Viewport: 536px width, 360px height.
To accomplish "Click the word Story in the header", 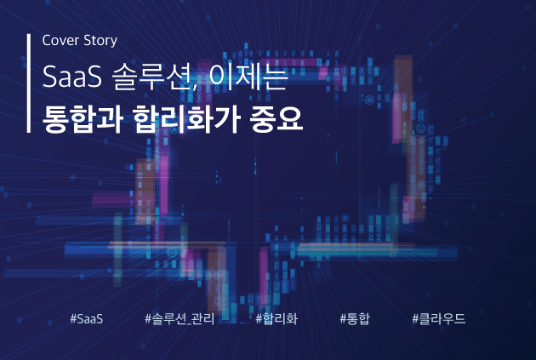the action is pos(100,41).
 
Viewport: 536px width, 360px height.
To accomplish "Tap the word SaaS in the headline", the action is pos(72,77).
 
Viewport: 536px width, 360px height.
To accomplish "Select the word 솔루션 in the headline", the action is pos(152,77).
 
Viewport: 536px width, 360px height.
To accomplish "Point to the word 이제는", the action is pos(248,77).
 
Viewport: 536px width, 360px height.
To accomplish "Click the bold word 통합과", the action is pos(83,118).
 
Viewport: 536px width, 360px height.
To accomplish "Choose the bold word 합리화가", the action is pos(186,118).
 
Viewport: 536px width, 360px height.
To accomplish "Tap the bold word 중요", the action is pos(277,118).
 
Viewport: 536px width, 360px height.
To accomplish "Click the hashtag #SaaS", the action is pos(87,318).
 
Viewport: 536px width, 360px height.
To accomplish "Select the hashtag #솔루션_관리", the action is pos(180,318).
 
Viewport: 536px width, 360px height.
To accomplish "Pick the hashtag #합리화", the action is pos(277,318).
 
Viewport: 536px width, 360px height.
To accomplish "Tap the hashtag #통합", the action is pos(355,318).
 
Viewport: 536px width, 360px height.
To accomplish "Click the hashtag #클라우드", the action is pos(438,318).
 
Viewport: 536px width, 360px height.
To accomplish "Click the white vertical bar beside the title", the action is pos(29,83).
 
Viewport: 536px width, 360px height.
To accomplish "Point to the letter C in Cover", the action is pos(46,40).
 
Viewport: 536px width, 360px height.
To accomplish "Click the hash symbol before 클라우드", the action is pos(415,318).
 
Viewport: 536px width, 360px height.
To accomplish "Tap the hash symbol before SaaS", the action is pos(73,318).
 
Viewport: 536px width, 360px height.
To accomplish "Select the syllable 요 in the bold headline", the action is pos(290,118).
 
